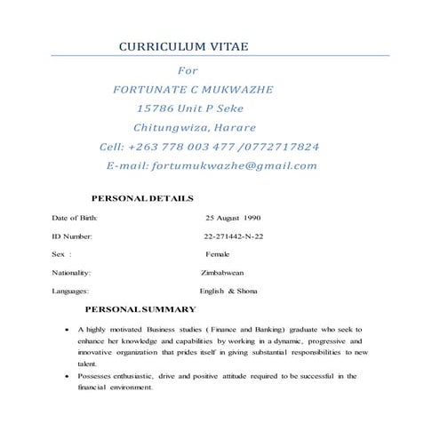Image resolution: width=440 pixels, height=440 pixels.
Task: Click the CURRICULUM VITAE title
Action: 184,46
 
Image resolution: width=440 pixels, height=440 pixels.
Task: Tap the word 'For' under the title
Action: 188,70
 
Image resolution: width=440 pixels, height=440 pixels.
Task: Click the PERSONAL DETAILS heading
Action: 143,197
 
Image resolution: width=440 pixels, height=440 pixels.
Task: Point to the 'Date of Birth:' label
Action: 75,218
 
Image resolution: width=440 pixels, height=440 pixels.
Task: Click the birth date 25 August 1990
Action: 233,218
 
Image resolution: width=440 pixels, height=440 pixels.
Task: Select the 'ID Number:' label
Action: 72,236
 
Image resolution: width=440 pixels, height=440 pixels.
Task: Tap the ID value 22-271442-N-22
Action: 234,236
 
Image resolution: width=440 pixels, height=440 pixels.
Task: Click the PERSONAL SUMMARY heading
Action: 140,309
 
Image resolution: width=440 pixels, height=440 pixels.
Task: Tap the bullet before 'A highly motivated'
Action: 68,330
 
